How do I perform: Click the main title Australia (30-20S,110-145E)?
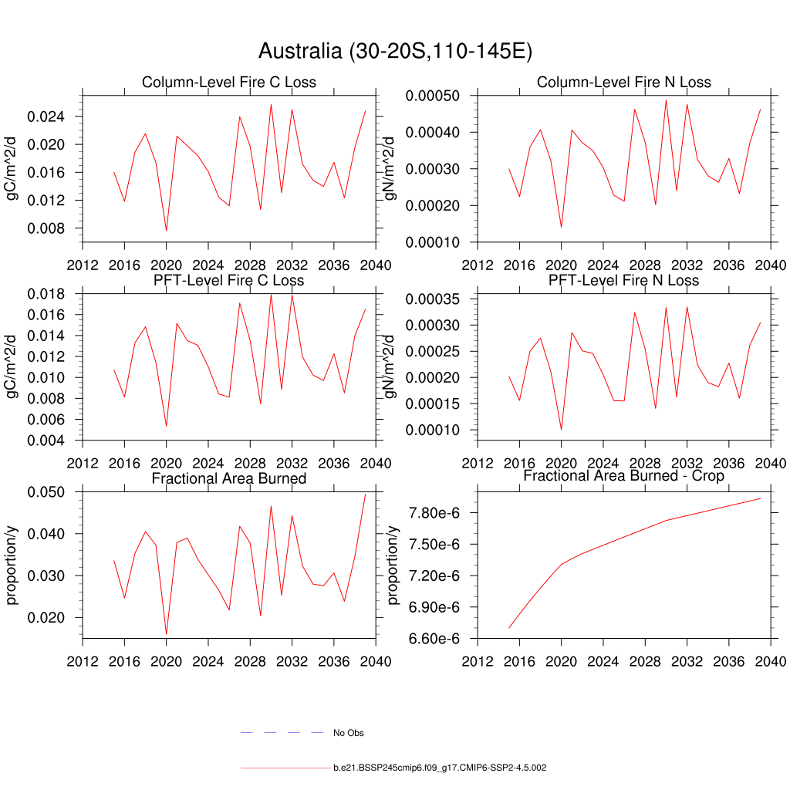click(395, 52)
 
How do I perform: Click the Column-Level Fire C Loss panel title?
click(228, 82)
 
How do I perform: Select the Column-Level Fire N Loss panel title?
click(623, 82)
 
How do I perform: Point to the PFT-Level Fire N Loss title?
click(623, 280)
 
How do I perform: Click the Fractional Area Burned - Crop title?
click(623, 476)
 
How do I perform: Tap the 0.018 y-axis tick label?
click(48, 294)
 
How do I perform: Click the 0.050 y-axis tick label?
click(48, 491)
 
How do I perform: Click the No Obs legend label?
click(348, 733)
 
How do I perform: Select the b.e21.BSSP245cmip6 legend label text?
click(440, 768)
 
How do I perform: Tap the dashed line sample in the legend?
click(281, 732)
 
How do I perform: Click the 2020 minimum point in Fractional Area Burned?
click(166, 634)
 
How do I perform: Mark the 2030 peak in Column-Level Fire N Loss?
click(666, 100)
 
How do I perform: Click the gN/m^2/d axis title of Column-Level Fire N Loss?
click(391, 168)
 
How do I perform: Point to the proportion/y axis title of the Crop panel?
click(393, 564)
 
